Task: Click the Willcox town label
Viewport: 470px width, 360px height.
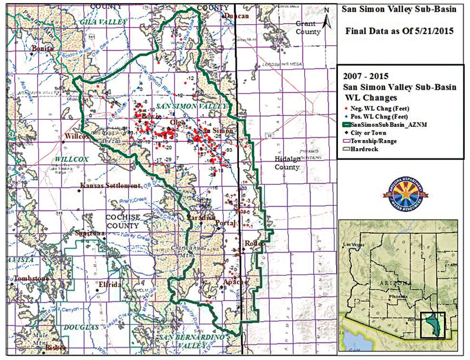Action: pos(75,136)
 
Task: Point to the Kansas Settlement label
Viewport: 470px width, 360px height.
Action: pos(110,186)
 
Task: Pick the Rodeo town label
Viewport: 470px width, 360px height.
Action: pos(254,244)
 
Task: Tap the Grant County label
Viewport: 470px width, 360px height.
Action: pos(308,28)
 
